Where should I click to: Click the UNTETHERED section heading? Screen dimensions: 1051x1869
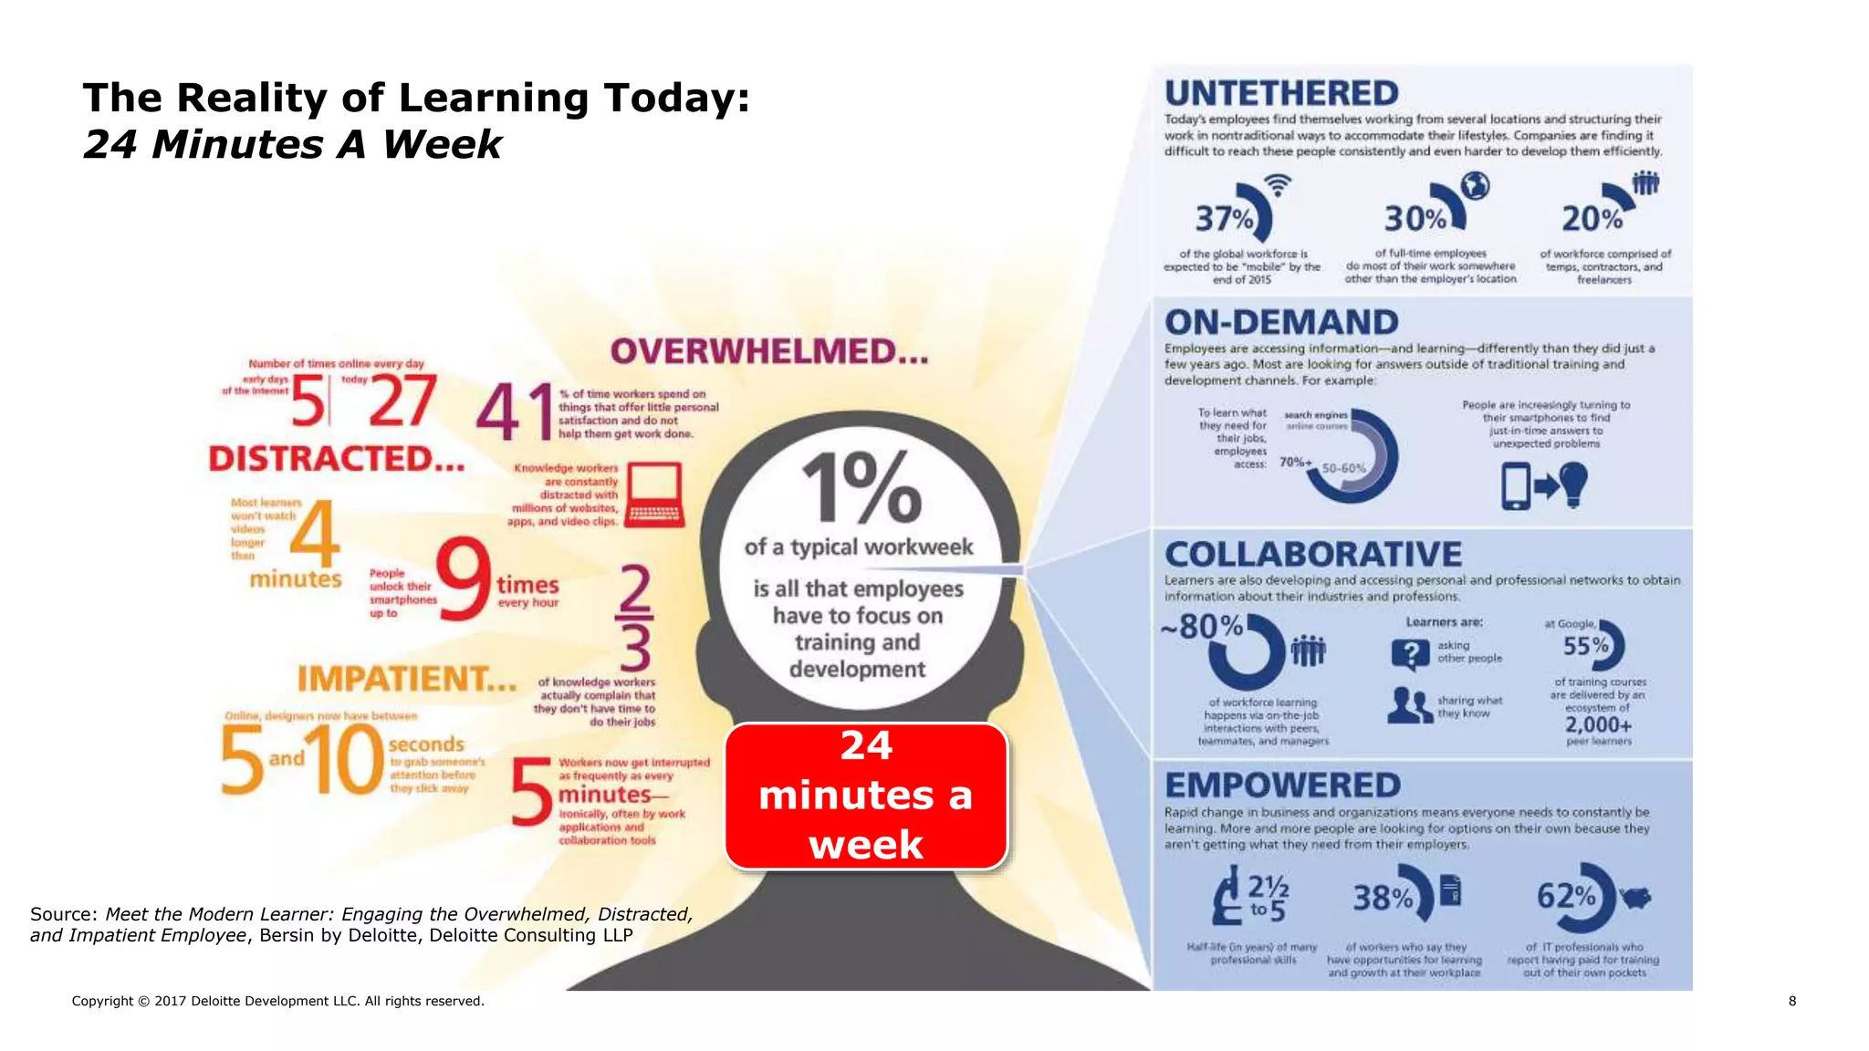pos(1280,93)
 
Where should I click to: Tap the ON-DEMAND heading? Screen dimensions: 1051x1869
pos(1280,322)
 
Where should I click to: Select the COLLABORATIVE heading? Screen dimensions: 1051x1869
pos(1312,554)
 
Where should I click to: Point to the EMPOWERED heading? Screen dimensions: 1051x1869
pos(1282,786)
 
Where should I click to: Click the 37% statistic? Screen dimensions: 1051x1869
pos(1225,219)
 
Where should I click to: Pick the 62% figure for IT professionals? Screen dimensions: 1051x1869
pos(1566,896)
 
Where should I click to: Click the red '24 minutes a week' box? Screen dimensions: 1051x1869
pos(866,796)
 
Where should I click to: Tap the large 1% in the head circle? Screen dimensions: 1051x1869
pos(861,487)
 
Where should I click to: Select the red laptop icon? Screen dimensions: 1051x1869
pos(653,494)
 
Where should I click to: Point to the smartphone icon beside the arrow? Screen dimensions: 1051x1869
pos(1515,485)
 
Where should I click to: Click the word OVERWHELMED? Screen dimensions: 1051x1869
pos(768,352)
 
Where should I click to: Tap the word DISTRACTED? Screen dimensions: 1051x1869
pos(336,458)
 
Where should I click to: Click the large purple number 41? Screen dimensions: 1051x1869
pos(515,411)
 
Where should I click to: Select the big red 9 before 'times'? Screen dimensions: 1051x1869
pos(464,579)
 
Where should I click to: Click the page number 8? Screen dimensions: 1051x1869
pos(1791,1001)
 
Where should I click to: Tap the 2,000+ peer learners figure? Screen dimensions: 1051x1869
pos(1598,725)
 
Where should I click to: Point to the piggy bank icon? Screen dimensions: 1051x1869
pos(1637,897)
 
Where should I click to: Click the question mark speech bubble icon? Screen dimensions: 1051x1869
pos(1410,653)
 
